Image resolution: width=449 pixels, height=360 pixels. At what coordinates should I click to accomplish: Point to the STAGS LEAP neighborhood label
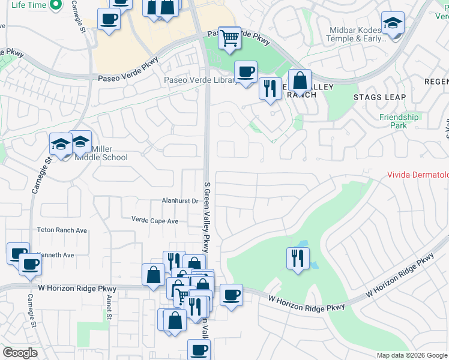[x=379, y=97]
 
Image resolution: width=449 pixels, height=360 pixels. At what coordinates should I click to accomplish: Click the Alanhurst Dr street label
[x=179, y=201]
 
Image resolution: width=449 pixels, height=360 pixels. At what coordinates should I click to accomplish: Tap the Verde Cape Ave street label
[x=155, y=221]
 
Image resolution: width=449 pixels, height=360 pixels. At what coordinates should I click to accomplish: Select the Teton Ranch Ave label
[x=62, y=230]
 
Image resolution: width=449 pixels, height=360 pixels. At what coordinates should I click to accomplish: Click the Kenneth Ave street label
[x=55, y=255]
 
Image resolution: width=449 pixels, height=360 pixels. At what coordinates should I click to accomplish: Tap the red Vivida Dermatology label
[x=417, y=175]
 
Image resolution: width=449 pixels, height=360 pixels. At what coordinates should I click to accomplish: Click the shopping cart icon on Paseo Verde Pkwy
[x=229, y=38]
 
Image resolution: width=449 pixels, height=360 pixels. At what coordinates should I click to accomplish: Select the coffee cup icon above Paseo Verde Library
[x=245, y=72]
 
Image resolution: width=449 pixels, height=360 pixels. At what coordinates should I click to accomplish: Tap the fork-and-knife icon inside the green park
[x=298, y=258]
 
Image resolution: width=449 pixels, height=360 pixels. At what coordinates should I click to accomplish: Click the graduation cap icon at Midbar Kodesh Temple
[x=393, y=23]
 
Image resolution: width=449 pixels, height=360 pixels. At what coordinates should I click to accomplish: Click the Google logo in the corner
[x=20, y=353]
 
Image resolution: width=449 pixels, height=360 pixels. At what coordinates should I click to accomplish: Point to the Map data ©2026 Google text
[x=411, y=355]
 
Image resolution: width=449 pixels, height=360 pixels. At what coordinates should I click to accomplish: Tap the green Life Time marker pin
[x=56, y=5]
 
